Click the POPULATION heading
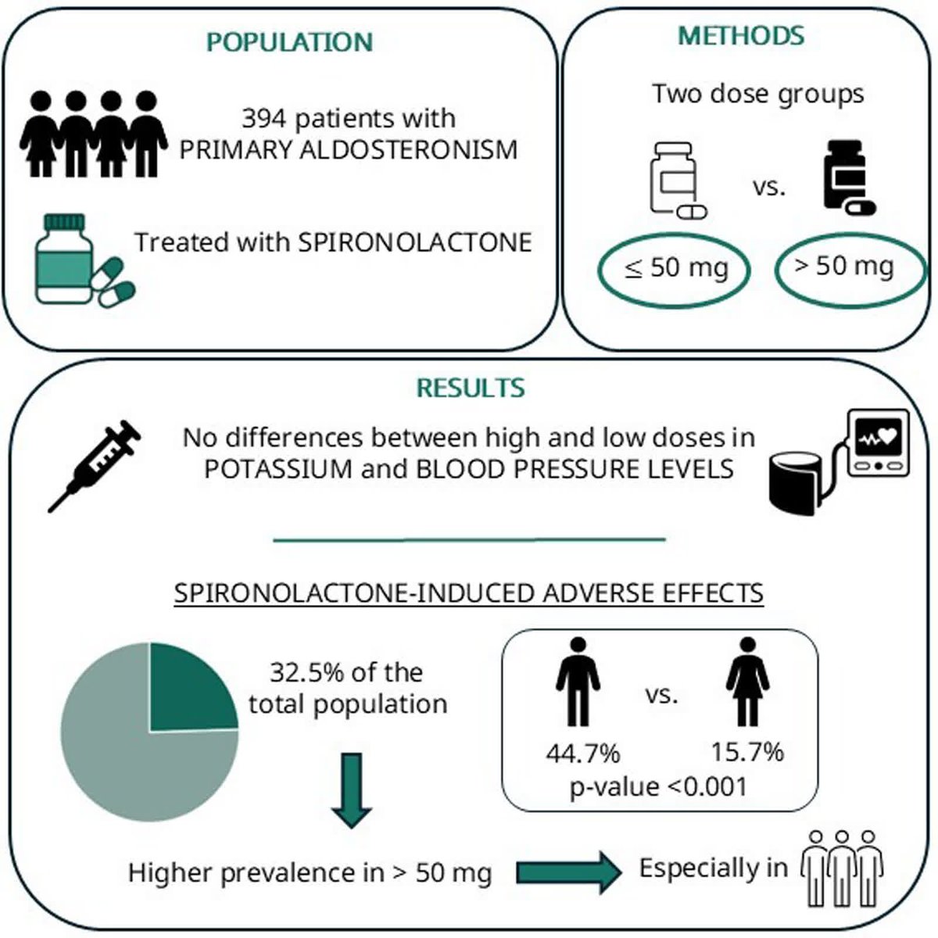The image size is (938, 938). click(290, 42)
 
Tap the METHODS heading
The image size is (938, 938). click(741, 35)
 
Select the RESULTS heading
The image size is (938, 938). click(471, 388)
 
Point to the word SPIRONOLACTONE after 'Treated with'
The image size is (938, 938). click(415, 242)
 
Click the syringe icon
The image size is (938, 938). click(94, 466)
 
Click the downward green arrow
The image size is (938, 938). click(352, 790)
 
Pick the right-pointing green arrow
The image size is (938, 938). click(568, 872)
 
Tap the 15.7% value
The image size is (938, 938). click(748, 752)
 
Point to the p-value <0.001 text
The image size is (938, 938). click(659, 787)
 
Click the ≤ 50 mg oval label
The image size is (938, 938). click(674, 270)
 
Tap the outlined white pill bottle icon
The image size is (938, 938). click(678, 180)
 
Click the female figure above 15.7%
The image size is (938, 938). click(748, 682)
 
